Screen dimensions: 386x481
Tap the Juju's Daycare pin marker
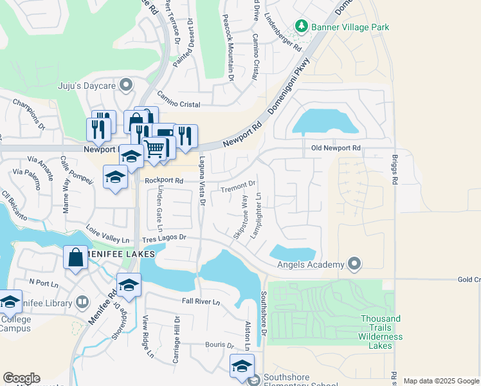pyautogui.click(x=127, y=84)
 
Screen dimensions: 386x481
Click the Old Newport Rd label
pyautogui.click(x=336, y=148)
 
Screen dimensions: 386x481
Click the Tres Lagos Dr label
pyautogui.click(x=165, y=237)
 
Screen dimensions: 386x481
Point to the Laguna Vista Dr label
pyautogui.click(x=201, y=183)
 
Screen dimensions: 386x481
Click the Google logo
pyautogui.click(x=21, y=378)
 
